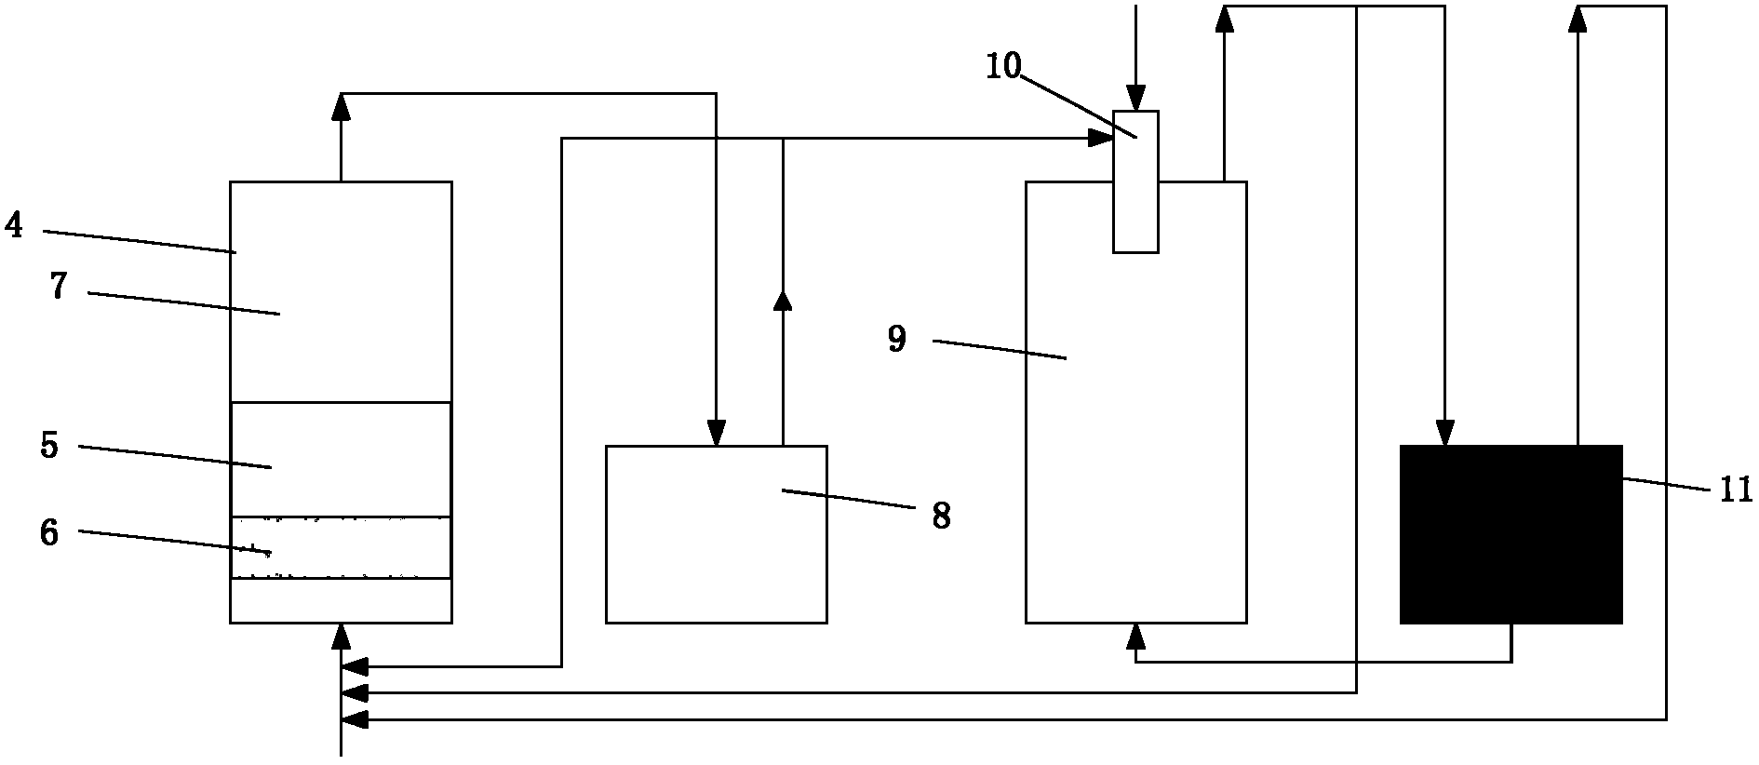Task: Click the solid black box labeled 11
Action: point(1511,534)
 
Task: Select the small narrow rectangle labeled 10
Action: point(1135,181)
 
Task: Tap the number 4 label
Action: point(13,225)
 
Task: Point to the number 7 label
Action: point(59,287)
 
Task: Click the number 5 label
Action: point(49,446)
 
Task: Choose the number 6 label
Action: point(49,533)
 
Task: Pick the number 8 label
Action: point(942,515)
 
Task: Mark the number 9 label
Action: point(896,340)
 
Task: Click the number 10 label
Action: point(1004,66)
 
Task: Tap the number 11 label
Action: point(1736,490)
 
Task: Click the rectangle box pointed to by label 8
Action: point(717,534)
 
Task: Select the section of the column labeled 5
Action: point(341,460)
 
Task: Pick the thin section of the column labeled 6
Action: point(341,548)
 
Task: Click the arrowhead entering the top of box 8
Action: point(716,433)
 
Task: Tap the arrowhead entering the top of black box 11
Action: point(1444,433)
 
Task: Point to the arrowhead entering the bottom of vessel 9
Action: point(1135,637)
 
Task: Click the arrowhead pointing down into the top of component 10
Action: point(1135,98)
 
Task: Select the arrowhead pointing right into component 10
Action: point(1101,140)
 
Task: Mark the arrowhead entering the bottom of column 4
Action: point(341,637)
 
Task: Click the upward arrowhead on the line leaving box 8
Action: point(783,300)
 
